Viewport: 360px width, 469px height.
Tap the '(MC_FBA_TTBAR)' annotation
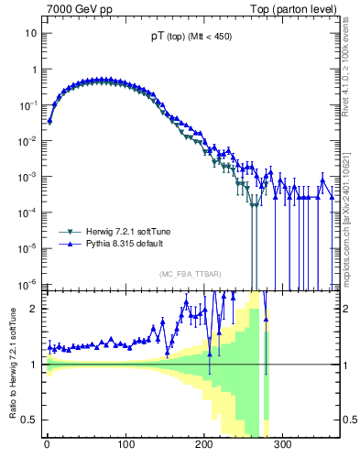189,274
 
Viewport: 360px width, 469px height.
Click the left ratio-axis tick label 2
33,309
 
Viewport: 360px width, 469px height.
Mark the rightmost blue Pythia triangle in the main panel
331,194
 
